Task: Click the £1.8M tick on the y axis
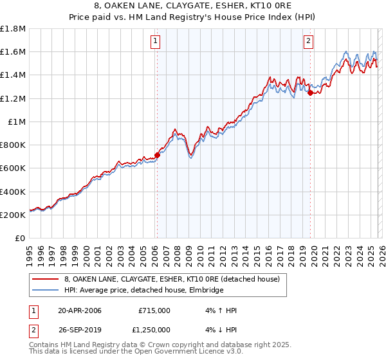13,29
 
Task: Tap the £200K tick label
13,215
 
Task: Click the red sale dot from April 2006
157,154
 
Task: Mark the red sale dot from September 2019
310,93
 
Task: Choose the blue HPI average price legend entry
143,291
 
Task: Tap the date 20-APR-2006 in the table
80,310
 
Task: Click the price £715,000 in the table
154,310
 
